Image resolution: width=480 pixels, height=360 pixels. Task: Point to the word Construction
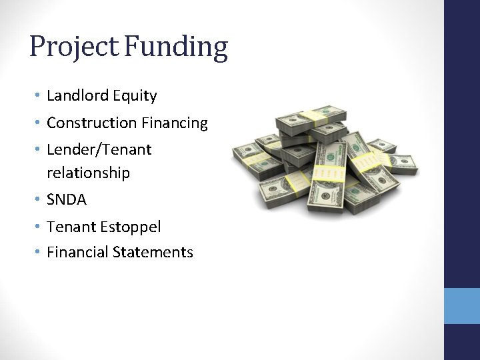pyautogui.click(x=91, y=123)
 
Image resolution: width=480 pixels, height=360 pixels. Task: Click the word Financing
pyautogui.click(x=174, y=123)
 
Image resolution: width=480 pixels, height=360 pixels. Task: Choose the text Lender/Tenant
pyautogui.click(x=99, y=150)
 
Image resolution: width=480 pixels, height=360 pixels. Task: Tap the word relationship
pyautogui.click(x=88, y=173)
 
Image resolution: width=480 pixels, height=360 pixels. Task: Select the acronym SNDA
pyautogui.click(x=67, y=200)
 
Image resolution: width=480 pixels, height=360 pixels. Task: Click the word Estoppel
pyautogui.click(x=131, y=227)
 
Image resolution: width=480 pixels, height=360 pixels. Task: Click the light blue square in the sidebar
pyautogui.click(x=461, y=306)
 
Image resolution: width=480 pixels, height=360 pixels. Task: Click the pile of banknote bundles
pyautogui.click(x=325, y=160)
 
